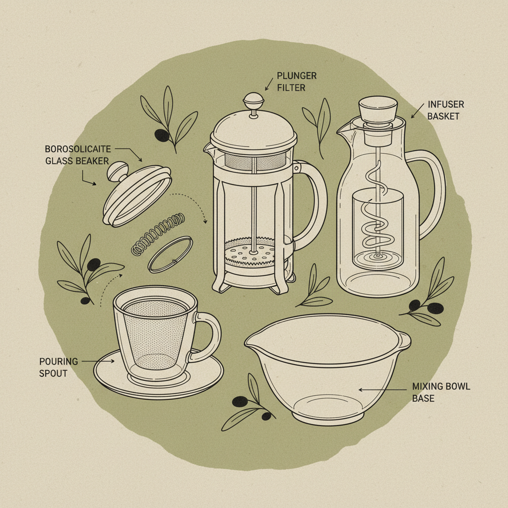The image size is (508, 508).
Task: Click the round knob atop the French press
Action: (253, 99)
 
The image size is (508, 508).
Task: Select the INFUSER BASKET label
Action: (445, 111)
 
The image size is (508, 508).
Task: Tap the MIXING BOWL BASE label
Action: (441, 392)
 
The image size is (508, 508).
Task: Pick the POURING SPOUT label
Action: (59, 367)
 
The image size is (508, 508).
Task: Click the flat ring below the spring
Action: (170, 254)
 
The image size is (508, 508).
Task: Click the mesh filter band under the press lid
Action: (254, 160)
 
